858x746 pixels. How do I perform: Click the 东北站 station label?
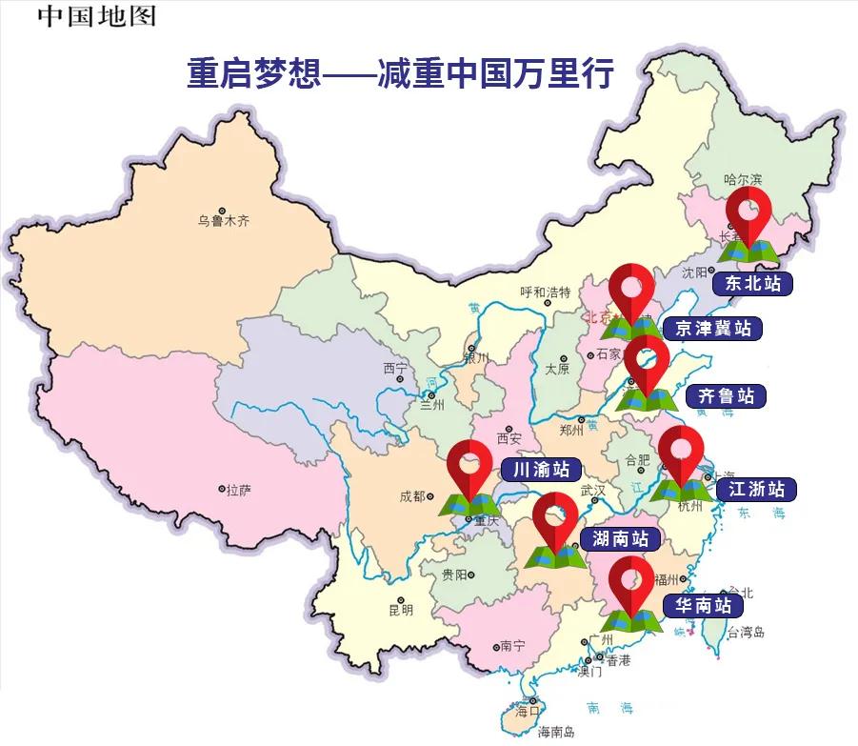(x=752, y=283)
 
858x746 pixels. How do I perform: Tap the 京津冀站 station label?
(x=712, y=330)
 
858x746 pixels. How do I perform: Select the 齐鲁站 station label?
(x=726, y=395)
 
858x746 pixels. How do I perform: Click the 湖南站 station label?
(x=620, y=539)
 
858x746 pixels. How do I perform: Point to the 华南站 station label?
(x=703, y=604)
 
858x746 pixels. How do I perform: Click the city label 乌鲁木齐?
(x=224, y=221)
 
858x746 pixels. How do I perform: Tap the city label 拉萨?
(x=238, y=490)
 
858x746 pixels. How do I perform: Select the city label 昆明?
(x=401, y=609)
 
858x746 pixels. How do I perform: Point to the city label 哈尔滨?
(x=743, y=179)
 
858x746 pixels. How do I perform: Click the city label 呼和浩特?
(x=545, y=292)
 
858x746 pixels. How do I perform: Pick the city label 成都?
(x=415, y=495)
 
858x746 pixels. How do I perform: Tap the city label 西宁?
(x=395, y=368)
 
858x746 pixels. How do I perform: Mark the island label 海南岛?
(x=556, y=732)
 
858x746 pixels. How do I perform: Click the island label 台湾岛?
(x=747, y=632)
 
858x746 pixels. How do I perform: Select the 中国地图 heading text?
(x=95, y=16)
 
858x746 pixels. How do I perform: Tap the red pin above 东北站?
(x=748, y=213)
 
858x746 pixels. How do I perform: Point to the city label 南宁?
(x=512, y=645)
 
